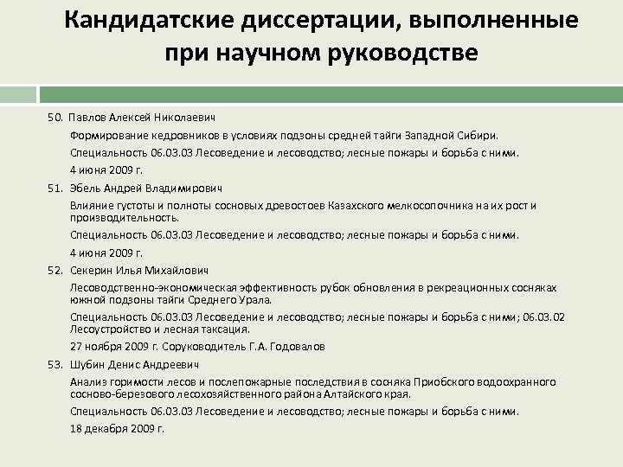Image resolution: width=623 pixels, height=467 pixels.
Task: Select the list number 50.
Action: tap(55, 117)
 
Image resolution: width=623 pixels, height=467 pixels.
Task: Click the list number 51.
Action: tap(55, 188)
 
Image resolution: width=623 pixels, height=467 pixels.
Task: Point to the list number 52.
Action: tap(55, 270)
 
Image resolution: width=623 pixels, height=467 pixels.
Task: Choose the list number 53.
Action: tap(55, 364)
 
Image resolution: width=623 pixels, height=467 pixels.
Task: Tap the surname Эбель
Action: tap(87, 188)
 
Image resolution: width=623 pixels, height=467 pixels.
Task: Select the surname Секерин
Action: tap(93, 270)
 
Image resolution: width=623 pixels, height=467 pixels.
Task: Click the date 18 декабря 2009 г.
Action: tap(117, 428)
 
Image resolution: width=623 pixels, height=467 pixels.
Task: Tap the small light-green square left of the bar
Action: tap(18, 94)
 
